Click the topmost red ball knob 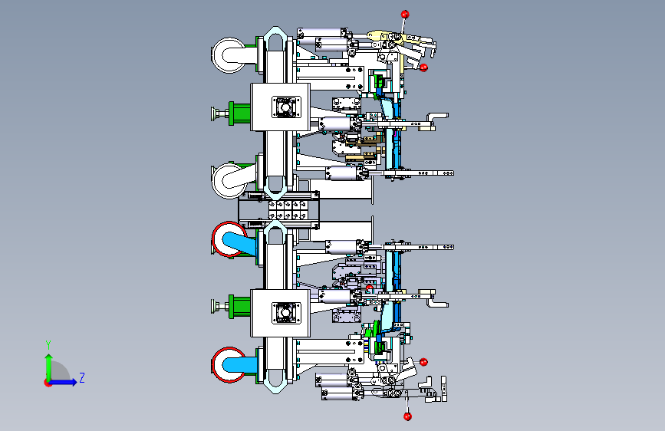(x=405, y=15)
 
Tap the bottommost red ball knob (x=407, y=416)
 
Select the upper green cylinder (x=239, y=114)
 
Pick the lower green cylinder (x=239, y=306)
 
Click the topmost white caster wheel (x=229, y=55)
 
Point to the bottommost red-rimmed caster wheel (x=229, y=365)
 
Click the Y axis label (x=48, y=345)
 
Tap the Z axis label (x=82, y=377)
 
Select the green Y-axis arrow (x=49, y=368)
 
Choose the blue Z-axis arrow (x=63, y=382)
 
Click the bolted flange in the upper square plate (x=286, y=107)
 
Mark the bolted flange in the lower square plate (x=286, y=313)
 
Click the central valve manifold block (x=288, y=210)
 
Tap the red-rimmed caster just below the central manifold (x=229, y=239)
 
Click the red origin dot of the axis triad (x=48, y=383)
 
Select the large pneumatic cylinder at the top (x=322, y=33)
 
